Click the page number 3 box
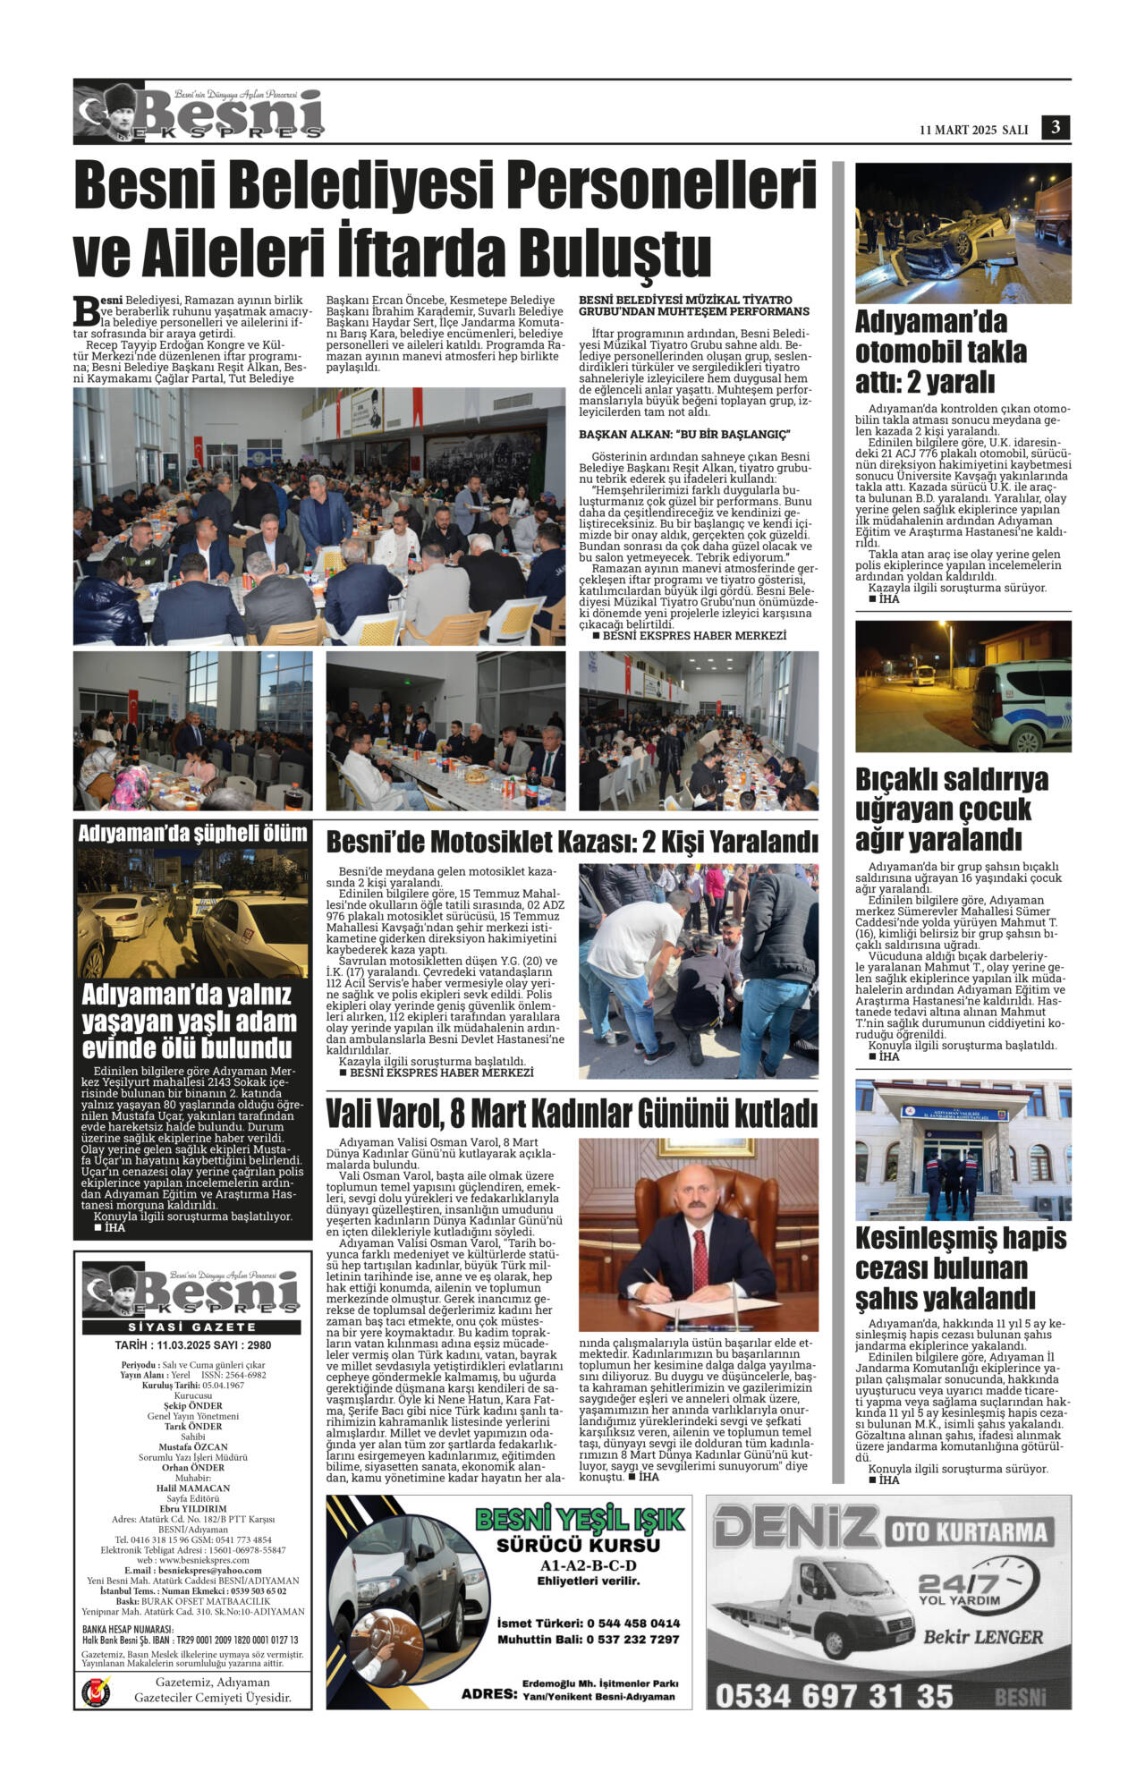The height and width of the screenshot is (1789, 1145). click(1056, 128)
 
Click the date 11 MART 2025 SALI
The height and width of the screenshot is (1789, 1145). click(973, 130)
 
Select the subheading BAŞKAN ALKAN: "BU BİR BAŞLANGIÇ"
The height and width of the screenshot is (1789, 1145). click(684, 435)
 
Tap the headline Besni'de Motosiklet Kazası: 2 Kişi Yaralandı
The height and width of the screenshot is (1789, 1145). click(572, 843)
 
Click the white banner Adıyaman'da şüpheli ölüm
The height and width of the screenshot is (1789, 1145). click(192, 834)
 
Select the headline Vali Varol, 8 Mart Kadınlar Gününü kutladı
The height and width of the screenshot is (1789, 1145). click(572, 1115)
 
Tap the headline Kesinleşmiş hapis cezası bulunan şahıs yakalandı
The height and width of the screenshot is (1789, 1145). click(961, 1268)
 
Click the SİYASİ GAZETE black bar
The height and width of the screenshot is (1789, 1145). click(192, 1327)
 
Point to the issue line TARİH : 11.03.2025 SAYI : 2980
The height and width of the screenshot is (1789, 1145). click(192, 1345)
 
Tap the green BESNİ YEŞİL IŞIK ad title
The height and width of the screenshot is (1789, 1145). click(579, 1519)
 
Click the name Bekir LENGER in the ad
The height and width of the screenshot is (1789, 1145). click(983, 1637)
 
